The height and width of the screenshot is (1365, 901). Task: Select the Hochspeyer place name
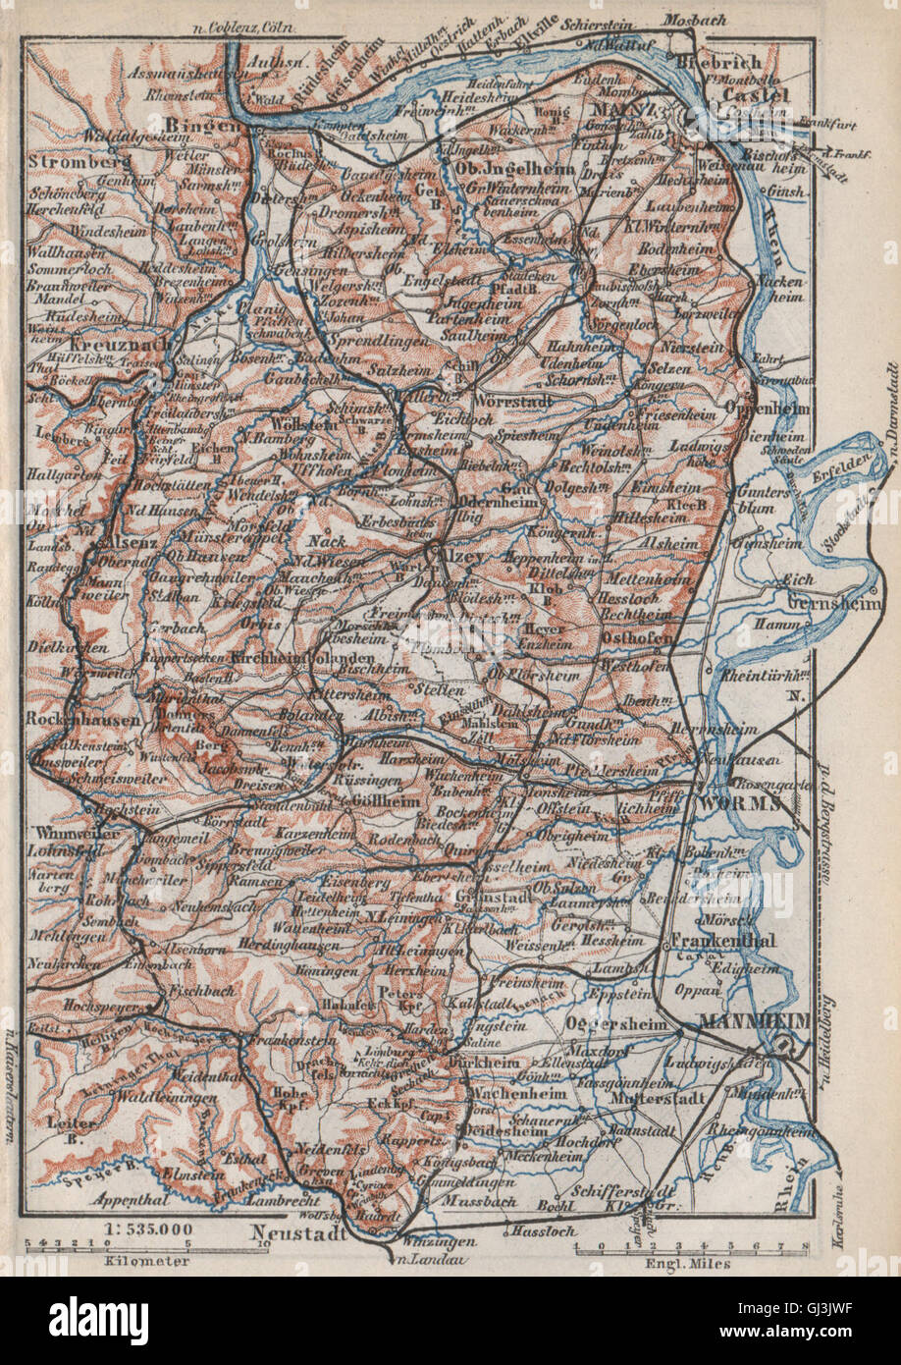(96, 1006)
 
